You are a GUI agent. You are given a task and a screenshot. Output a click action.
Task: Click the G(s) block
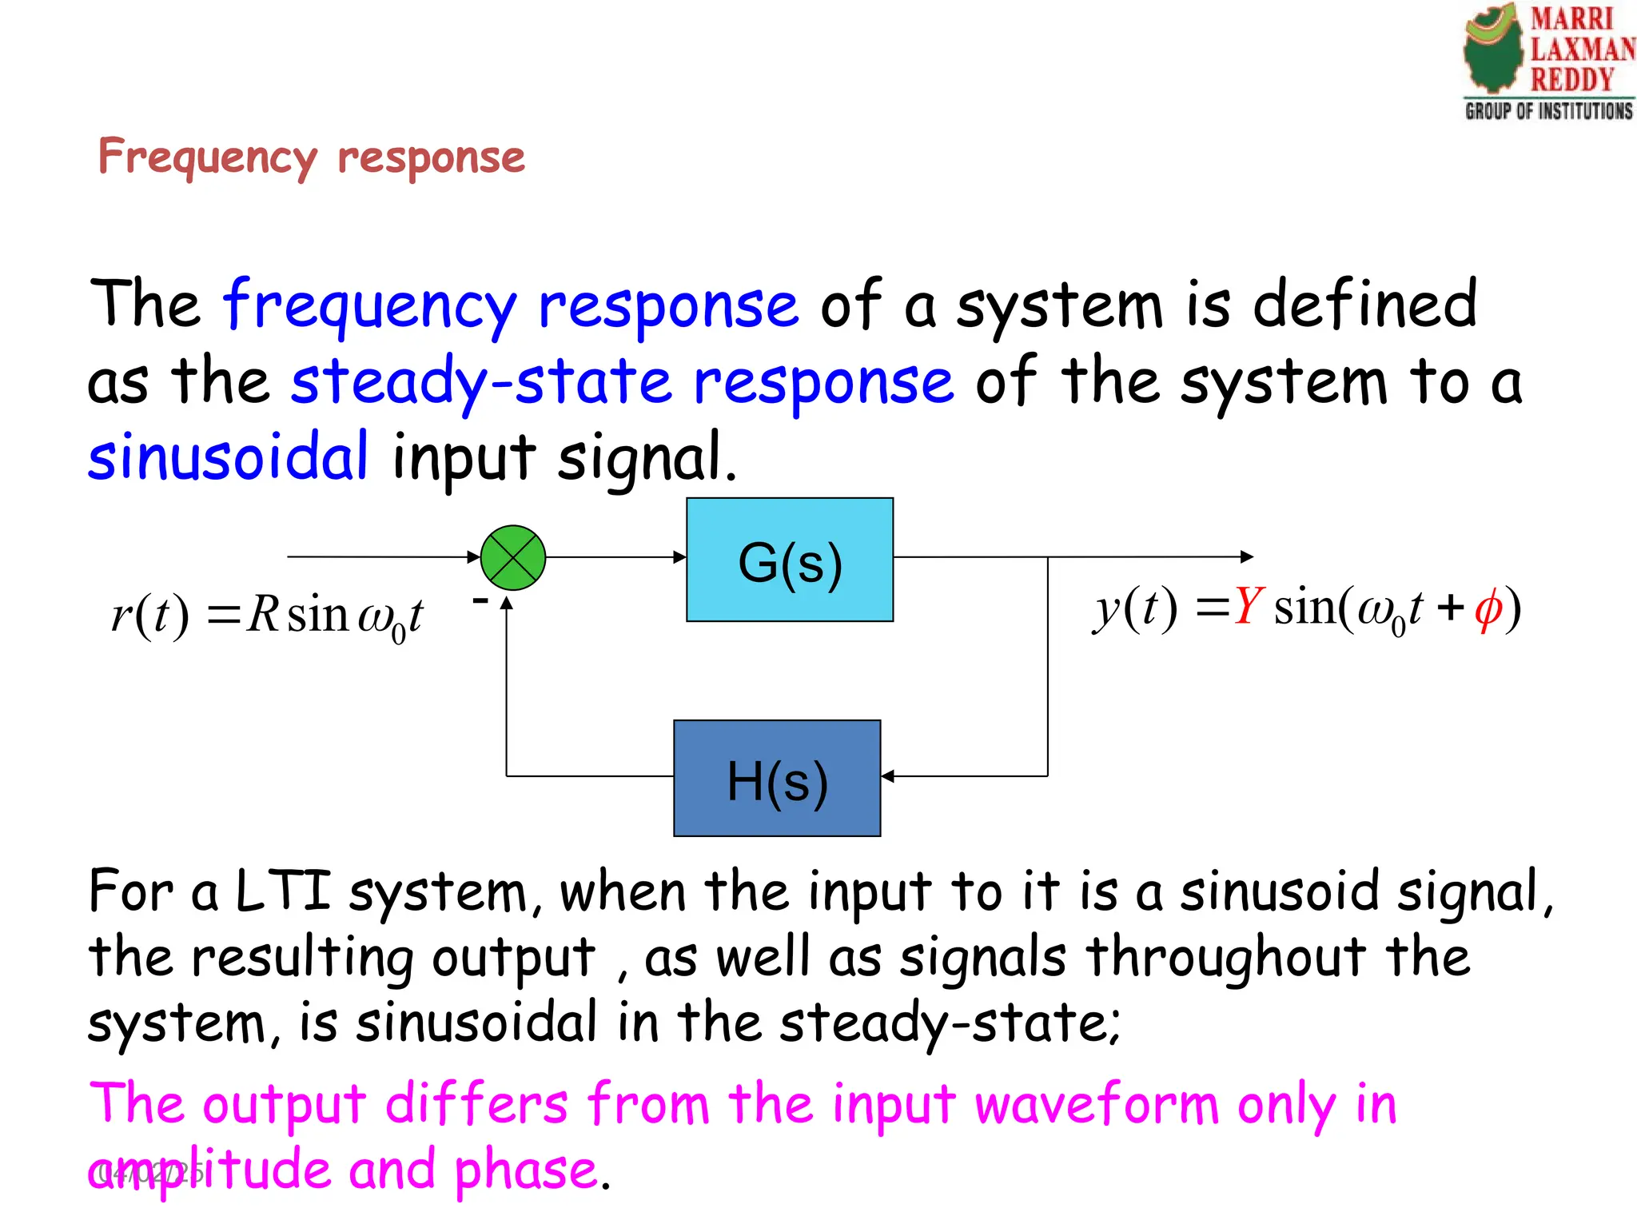tap(790, 560)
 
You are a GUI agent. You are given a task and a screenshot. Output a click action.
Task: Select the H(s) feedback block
tap(777, 778)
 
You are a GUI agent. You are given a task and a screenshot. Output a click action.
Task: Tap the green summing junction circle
tap(513, 557)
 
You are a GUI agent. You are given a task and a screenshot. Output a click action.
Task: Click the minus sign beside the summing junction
tap(480, 600)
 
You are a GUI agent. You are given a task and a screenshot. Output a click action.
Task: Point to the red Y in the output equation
tap(1248, 607)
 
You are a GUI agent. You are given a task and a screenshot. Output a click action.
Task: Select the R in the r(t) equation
tap(262, 614)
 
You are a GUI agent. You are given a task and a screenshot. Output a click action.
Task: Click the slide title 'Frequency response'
tap(311, 157)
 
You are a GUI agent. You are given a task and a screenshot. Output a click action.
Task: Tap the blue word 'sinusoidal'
tap(229, 457)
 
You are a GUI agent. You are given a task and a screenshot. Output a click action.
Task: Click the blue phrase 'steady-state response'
tap(622, 381)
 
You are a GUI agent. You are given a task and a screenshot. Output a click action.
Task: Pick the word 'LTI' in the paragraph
tap(283, 891)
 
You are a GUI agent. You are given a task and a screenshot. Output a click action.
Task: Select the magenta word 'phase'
tap(525, 1170)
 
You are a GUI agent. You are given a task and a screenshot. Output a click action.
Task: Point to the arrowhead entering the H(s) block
tap(887, 775)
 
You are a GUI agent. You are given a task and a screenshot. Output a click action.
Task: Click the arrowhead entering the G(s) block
tap(680, 557)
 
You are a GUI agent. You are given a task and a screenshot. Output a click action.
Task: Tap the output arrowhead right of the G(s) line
tap(1247, 556)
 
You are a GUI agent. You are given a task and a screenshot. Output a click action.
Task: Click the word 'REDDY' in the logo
tap(1571, 79)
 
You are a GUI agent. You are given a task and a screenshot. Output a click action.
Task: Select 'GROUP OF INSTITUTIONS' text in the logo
tap(1548, 110)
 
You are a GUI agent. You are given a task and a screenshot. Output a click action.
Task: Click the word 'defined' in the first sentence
tap(1364, 305)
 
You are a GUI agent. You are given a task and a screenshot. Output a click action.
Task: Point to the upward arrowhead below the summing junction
tap(507, 603)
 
